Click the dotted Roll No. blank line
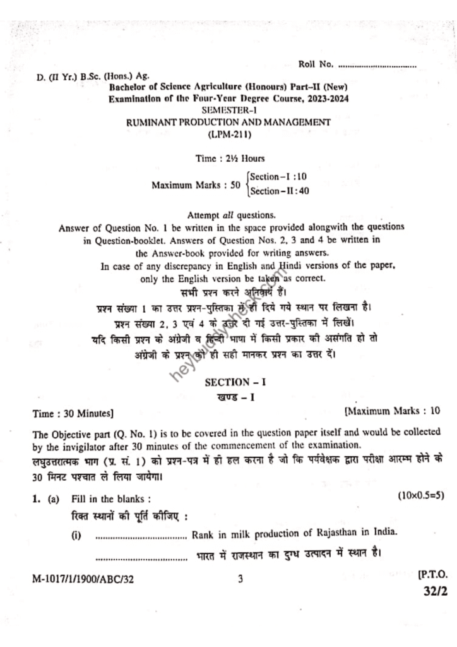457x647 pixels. [377, 66]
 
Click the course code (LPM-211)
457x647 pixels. [228, 134]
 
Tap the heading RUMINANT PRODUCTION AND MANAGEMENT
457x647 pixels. [228, 122]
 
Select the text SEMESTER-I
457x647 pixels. [228, 111]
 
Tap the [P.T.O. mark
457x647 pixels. [432, 576]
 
